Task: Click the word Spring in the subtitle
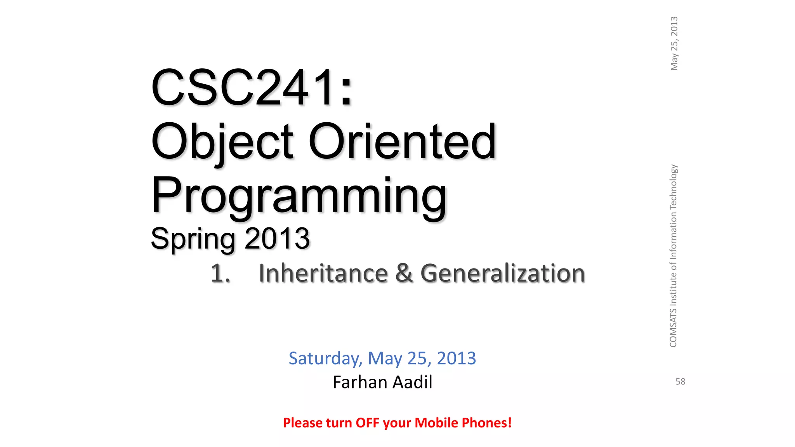(x=193, y=239)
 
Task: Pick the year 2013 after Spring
(x=277, y=239)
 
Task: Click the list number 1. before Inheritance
(x=220, y=273)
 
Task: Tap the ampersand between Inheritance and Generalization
(x=404, y=273)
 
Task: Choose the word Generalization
(x=503, y=273)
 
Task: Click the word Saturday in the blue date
(x=325, y=358)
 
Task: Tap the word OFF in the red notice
(x=367, y=423)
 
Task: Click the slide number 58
(x=680, y=382)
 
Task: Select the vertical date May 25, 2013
(x=674, y=43)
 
